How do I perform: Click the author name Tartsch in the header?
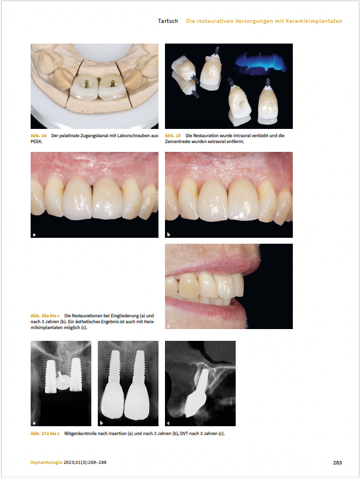tap(168, 21)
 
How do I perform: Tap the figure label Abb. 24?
tap(38, 135)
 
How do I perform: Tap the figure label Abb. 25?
tap(173, 135)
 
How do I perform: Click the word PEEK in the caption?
tap(36, 141)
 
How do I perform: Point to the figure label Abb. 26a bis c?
tap(45, 316)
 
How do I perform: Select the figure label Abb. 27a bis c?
tap(45, 433)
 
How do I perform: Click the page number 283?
tap(338, 463)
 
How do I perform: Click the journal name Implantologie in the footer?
tap(46, 463)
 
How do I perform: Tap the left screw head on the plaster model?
tap(87, 82)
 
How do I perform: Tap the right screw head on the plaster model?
tap(113, 82)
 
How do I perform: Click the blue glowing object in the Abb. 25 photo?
tap(260, 64)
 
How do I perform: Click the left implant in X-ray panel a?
tap(50, 377)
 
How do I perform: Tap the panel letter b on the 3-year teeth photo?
tap(169, 234)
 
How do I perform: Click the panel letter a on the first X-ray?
tap(34, 423)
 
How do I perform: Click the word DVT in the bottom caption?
tap(184, 433)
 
